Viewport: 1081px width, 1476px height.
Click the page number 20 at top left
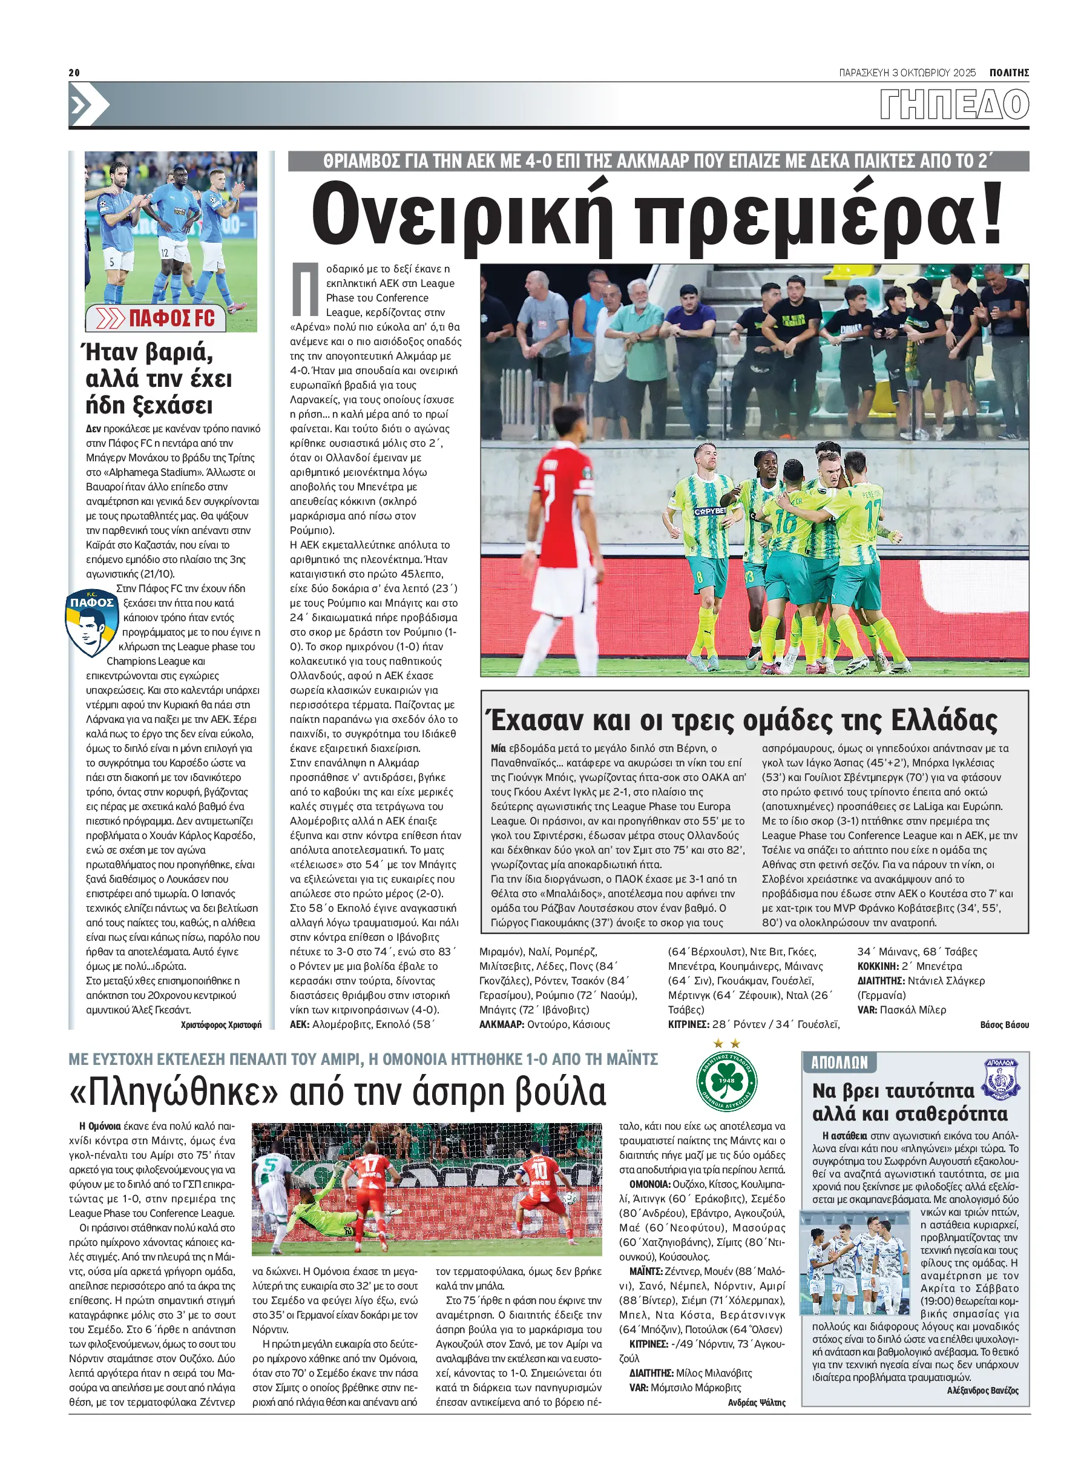[74, 73]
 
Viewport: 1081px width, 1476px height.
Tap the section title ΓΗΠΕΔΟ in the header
[954, 105]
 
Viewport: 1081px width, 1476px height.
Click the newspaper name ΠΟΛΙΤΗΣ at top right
[1009, 73]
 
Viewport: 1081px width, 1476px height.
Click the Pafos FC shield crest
[91, 622]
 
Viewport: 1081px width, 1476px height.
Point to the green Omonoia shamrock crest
[727, 1082]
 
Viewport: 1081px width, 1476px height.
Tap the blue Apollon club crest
[1002, 1079]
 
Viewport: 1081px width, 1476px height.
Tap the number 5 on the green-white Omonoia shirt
[268, 1166]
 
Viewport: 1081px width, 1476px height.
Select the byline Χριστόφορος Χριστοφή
[220, 1024]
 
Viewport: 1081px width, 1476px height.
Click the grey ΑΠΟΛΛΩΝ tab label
[839, 1063]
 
